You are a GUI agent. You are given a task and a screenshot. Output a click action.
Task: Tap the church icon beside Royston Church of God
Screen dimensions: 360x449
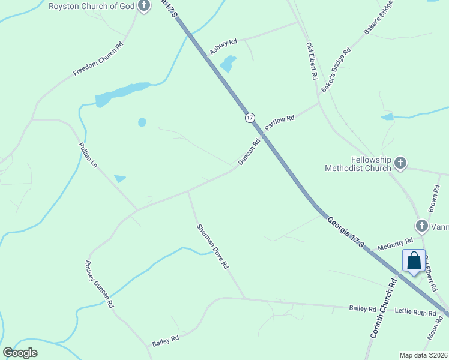[x=144, y=7]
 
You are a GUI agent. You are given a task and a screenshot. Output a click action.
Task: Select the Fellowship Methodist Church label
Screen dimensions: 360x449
[x=358, y=164]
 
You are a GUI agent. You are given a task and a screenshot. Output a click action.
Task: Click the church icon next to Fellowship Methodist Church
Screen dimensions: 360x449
[x=400, y=163]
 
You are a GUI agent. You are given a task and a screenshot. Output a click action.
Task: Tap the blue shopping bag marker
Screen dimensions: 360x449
[x=414, y=261]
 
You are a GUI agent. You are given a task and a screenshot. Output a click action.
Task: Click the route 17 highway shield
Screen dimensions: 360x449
[x=250, y=117]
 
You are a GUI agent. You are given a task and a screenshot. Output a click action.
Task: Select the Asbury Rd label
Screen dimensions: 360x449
[x=223, y=47]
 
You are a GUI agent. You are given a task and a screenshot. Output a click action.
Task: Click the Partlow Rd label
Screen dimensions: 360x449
[x=280, y=122]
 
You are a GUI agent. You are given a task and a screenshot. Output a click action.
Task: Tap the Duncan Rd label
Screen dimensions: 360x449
[x=249, y=152]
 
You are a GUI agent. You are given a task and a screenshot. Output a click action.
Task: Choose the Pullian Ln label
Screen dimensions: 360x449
[x=88, y=155]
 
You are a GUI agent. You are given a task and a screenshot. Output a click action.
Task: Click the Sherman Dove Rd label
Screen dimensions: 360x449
[x=213, y=246]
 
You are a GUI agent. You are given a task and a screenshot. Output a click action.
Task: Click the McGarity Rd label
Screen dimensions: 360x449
[x=395, y=243]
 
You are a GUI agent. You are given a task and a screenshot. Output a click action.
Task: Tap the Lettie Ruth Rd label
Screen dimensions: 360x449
[x=415, y=312]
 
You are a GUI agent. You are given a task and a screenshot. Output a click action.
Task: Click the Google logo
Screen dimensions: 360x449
[x=20, y=353]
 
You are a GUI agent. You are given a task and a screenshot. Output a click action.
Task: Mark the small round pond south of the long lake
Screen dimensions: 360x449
[x=142, y=122]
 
